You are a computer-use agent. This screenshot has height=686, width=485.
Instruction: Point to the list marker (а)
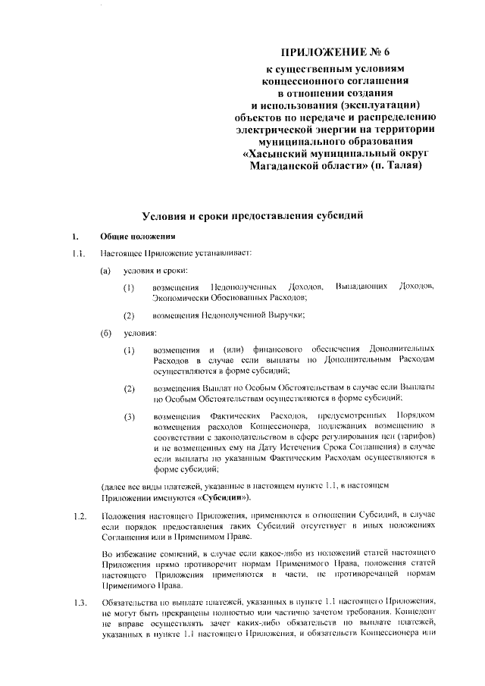tap(107, 271)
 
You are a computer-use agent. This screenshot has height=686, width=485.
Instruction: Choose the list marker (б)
tap(107, 332)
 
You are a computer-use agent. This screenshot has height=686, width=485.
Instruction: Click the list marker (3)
tap(130, 416)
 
